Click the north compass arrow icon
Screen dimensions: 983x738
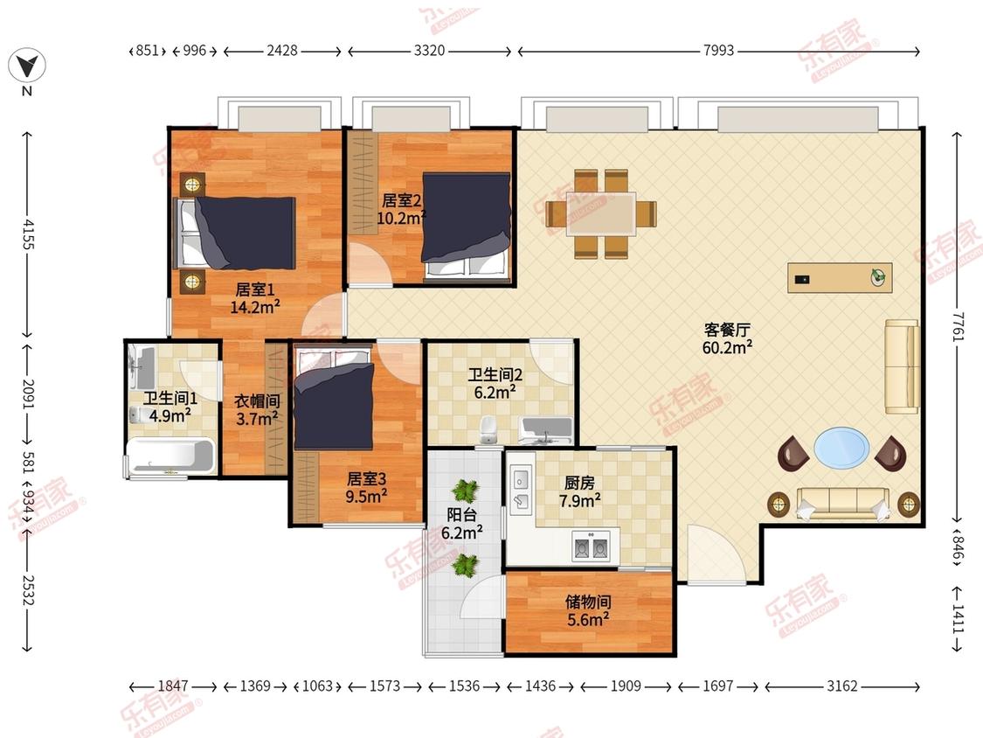[27, 66]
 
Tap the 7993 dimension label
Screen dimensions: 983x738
[718, 50]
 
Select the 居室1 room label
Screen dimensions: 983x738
[254, 289]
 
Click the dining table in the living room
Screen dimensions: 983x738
[600, 213]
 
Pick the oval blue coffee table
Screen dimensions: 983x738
[841, 448]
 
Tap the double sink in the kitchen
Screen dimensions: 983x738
[592, 546]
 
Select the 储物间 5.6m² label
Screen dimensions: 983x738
[588, 610]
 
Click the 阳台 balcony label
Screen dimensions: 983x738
[462, 515]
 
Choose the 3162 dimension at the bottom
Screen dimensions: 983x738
[842, 686]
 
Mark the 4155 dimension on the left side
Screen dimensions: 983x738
[28, 233]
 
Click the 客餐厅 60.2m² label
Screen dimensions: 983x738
[727, 338]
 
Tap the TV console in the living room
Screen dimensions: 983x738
[840, 277]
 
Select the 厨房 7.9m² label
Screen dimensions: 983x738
[580, 491]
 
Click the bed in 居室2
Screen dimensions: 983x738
[466, 226]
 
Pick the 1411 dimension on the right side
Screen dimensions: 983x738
[958, 619]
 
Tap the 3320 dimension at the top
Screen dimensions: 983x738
[429, 50]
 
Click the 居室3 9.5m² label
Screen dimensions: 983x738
[367, 488]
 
